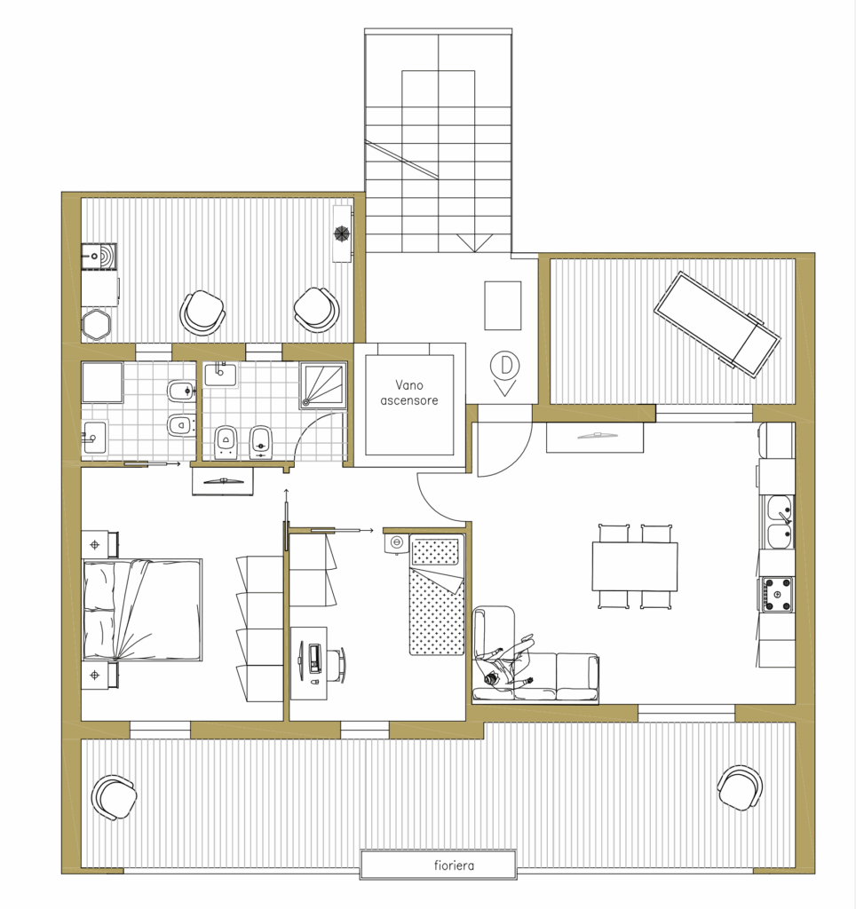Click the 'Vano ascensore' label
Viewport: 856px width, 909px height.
[x=408, y=392]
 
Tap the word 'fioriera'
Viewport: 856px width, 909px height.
[x=454, y=866]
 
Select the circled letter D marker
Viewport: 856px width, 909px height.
[x=504, y=365]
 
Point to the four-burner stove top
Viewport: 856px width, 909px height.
[x=777, y=594]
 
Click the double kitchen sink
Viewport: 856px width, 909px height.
[x=780, y=522]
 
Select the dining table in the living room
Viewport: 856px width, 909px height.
[x=635, y=566]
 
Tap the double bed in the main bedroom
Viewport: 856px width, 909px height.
[x=142, y=610]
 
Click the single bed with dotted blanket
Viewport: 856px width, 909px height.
[x=437, y=595]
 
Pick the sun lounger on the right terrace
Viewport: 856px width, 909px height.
[x=717, y=325]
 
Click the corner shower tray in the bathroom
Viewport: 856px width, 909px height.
[x=323, y=385]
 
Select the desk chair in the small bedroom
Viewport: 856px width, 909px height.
[x=337, y=665]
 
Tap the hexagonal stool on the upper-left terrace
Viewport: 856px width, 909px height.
[x=96, y=325]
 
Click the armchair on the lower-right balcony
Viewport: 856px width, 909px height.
[x=740, y=787]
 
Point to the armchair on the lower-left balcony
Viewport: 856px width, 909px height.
[x=114, y=797]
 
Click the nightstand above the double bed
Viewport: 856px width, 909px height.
[x=99, y=544]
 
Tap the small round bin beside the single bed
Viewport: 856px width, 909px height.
[x=397, y=542]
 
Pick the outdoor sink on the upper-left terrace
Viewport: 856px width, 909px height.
[x=99, y=257]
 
